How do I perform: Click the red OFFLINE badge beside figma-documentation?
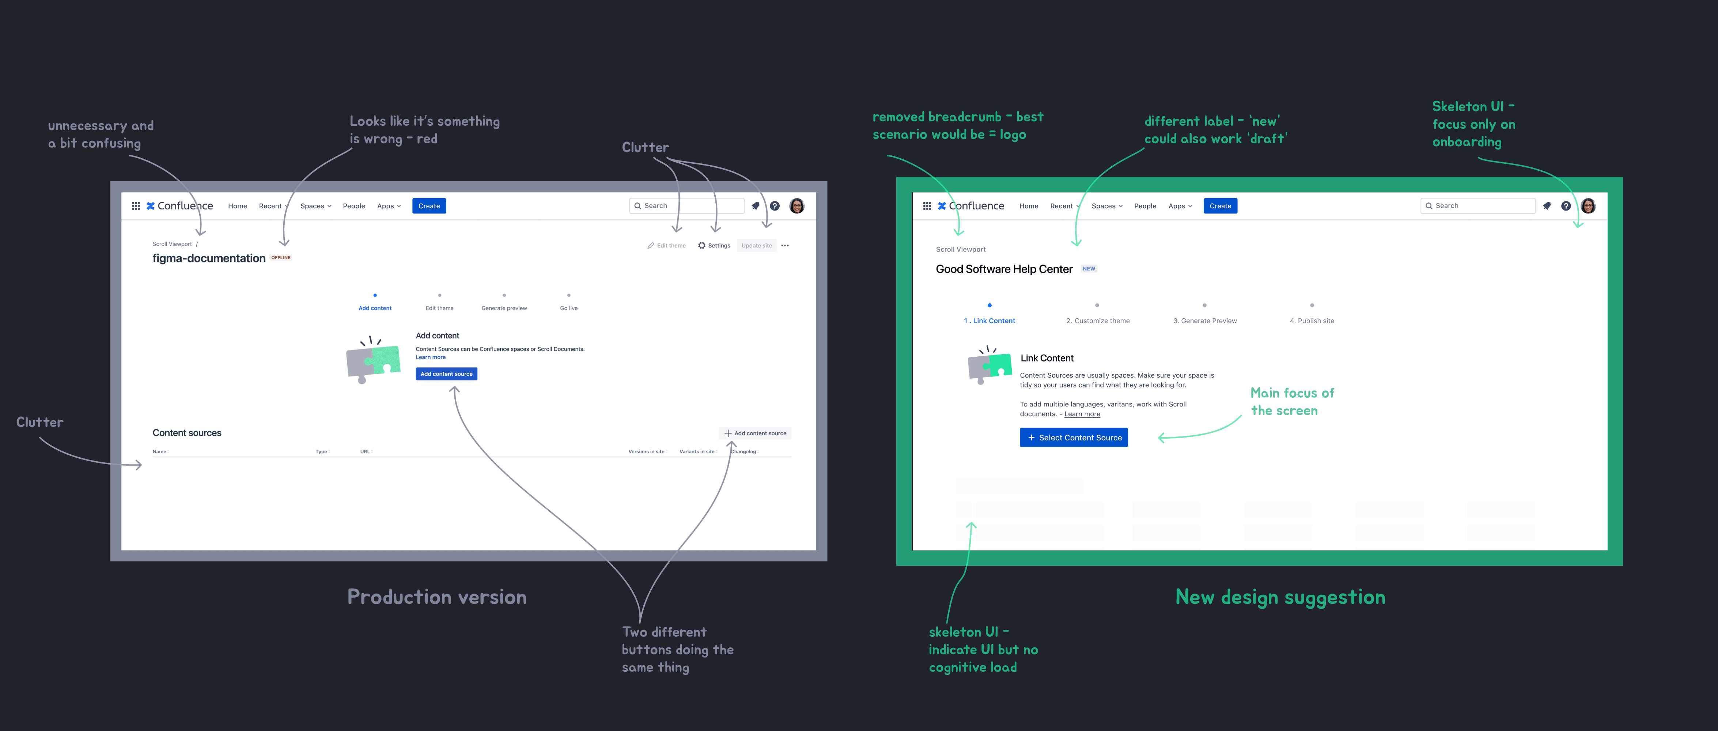281,257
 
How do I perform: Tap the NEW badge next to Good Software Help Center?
1089,269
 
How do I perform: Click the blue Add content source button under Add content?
446,374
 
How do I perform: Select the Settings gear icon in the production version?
701,246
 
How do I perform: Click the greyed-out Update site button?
756,246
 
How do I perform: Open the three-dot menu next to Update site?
785,246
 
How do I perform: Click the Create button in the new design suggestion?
1220,206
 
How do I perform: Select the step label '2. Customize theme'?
1098,321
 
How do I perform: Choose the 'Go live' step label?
569,308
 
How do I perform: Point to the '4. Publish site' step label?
1312,321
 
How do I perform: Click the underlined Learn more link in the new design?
1082,414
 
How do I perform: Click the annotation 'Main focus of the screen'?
1292,402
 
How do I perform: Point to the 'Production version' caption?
437,597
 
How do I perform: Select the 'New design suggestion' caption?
1280,597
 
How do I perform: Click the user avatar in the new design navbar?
1588,206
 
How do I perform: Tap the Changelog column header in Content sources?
743,451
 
